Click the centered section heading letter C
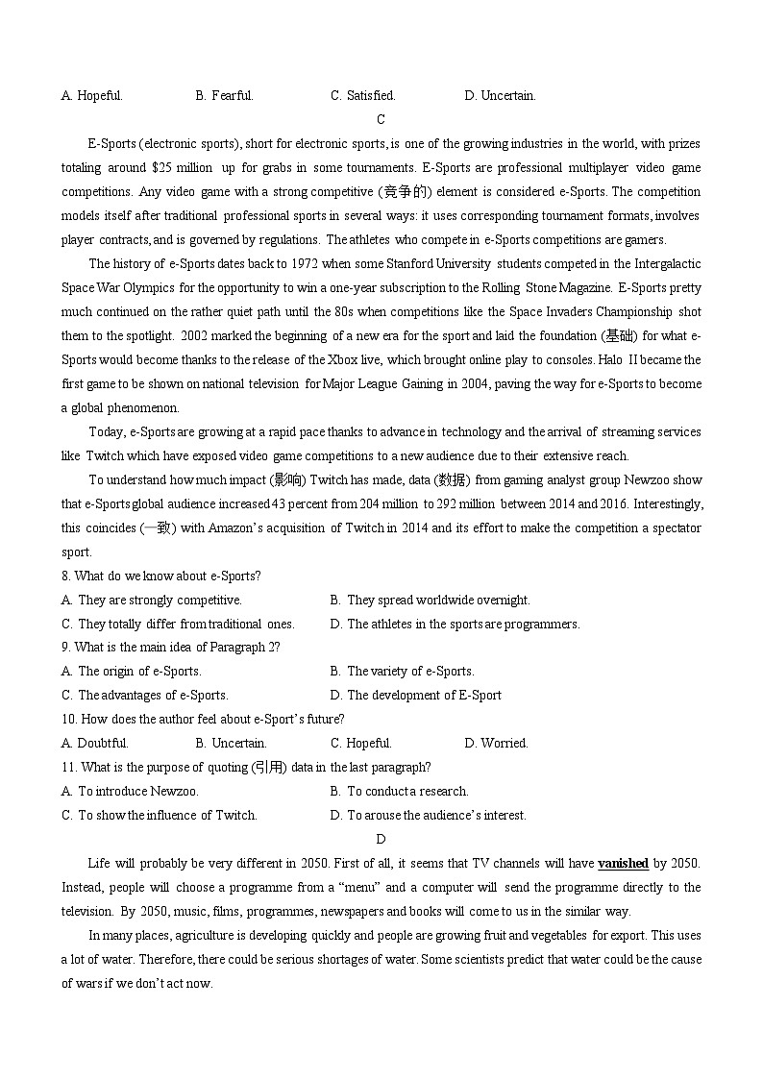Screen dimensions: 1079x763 [x=381, y=119]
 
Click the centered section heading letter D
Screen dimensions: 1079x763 [x=381, y=839]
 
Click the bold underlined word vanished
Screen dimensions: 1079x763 [x=623, y=863]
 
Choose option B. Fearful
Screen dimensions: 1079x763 [x=224, y=95]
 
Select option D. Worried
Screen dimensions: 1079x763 [x=496, y=743]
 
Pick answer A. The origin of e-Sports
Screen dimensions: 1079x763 [x=132, y=671]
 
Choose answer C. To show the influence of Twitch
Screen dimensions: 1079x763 [x=160, y=815]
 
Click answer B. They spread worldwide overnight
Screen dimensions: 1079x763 [x=430, y=600]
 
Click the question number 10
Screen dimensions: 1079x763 [x=68, y=719]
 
